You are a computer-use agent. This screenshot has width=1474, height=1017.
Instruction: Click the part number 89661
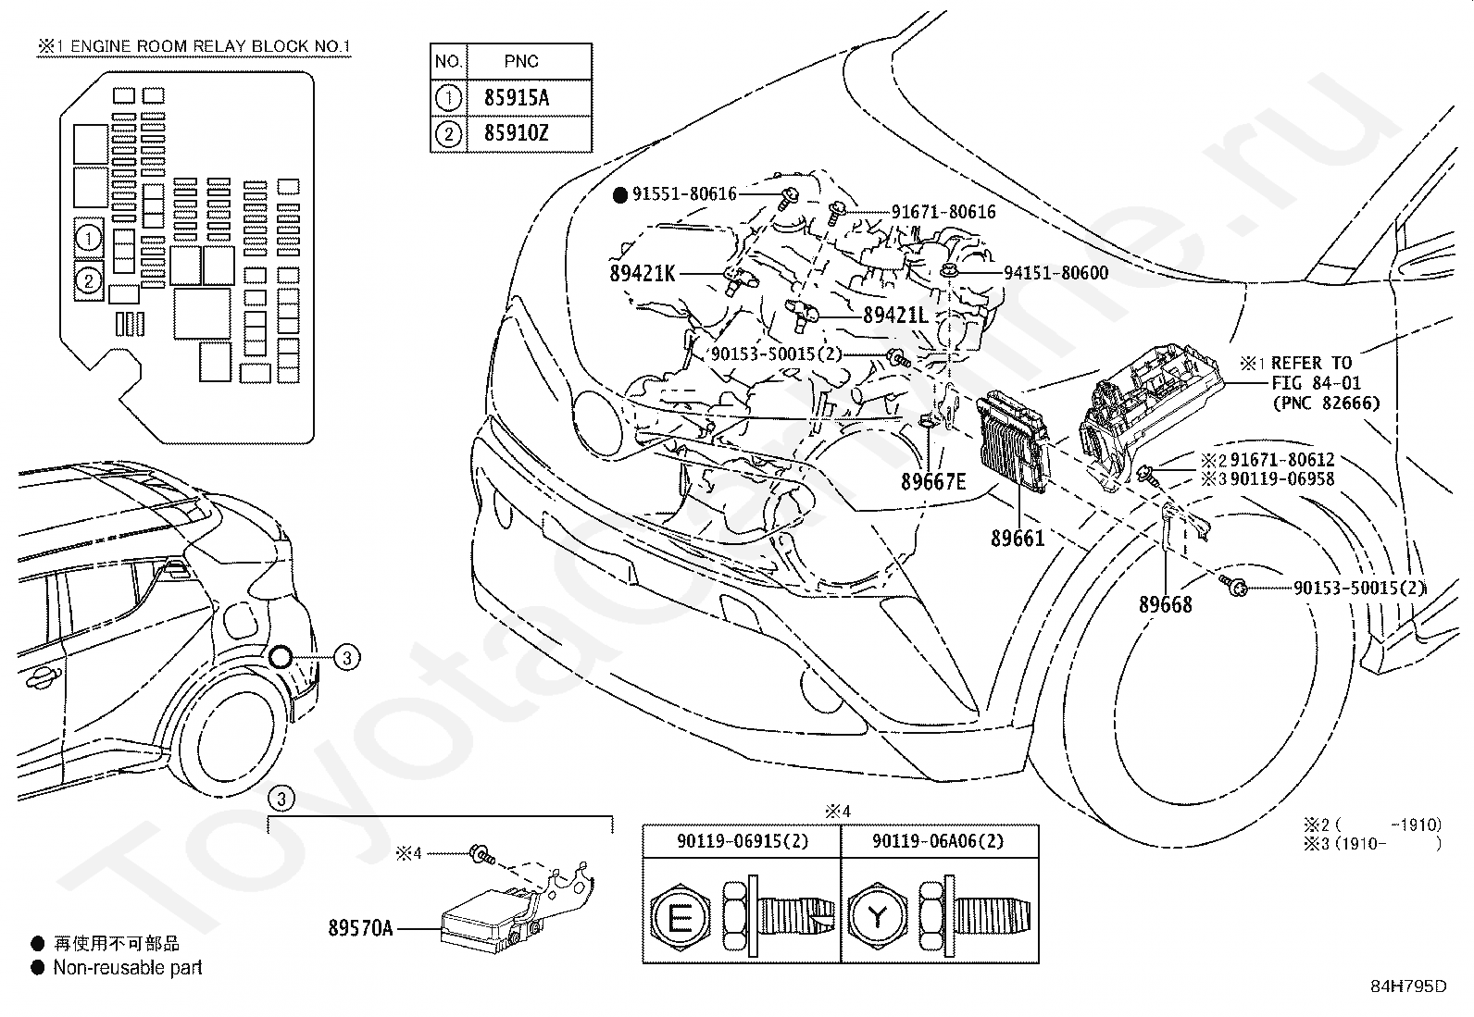1018,539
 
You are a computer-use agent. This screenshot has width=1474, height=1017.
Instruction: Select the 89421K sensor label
643,273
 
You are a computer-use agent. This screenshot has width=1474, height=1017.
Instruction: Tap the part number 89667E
933,482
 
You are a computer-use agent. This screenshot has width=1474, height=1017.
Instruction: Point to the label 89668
1166,604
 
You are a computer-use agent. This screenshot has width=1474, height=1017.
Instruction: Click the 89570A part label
360,928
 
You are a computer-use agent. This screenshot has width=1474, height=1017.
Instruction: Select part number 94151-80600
1056,273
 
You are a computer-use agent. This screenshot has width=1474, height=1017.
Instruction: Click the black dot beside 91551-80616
619,194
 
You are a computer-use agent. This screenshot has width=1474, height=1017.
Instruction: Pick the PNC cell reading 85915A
517,98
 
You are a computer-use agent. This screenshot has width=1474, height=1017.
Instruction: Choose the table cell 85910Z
517,133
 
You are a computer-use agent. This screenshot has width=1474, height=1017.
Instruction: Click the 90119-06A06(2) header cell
938,841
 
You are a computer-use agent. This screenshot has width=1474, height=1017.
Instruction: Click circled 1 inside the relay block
89,238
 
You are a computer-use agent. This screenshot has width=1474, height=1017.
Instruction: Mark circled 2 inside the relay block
89,281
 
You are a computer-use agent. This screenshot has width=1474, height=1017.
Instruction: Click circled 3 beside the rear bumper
347,657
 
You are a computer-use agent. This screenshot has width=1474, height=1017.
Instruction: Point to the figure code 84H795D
1409,986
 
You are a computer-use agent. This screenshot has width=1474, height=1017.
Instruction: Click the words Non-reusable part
128,968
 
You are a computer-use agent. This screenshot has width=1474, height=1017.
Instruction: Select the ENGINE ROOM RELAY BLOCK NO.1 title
210,46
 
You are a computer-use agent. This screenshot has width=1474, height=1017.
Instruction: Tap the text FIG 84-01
1316,383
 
